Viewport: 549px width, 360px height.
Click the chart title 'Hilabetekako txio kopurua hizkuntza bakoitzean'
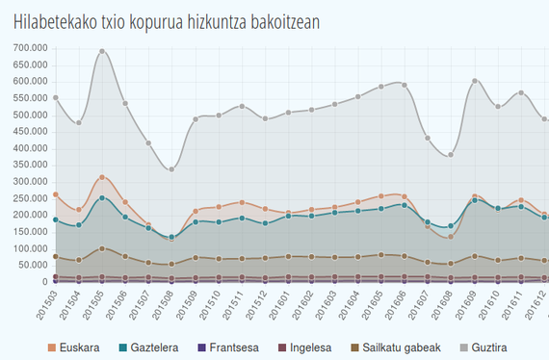pyautogui.click(x=167, y=20)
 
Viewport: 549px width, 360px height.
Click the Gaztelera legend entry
pyautogui.click(x=154, y=347)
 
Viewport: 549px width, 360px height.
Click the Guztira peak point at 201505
pyautogui.click(x=102, y=52)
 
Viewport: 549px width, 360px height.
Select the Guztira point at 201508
pyautogui.click(x=171, y=169)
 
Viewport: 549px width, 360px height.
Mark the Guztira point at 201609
pyautogui.click(x=475, y=81)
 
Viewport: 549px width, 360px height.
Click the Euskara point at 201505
pyautogui.click(x=102, y=177)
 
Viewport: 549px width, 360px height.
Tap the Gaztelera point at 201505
pyautogui.click(x=102, y=198)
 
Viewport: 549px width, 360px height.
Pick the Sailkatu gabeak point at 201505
pyautogui.click(x=102, y=248)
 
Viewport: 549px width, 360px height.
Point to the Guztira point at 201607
pyautogui.click(x=428, y=139)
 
